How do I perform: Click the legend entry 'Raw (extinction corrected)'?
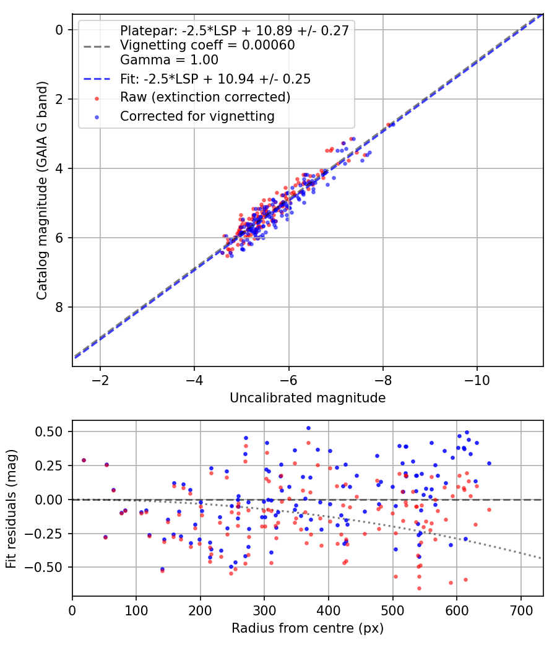tap(205, 97)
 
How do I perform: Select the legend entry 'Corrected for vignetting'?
tap(197, 116)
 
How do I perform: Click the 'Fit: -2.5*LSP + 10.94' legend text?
tap(215, 79)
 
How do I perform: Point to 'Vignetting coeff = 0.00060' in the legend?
tap(207, 45)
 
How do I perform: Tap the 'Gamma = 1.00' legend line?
tap(169, 60)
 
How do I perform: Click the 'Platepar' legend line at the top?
tap(235, 30)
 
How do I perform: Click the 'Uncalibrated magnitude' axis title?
tap(308, 398)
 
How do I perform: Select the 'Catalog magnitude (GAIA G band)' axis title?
tap(41, 190)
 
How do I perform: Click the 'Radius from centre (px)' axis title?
tap(308, 628)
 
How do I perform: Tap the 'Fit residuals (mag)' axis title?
tap(11, 508)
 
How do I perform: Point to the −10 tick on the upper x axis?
tap(477, 379)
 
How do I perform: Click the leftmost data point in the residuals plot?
tap(84, 461)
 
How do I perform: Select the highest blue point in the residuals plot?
tap(308, 428)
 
